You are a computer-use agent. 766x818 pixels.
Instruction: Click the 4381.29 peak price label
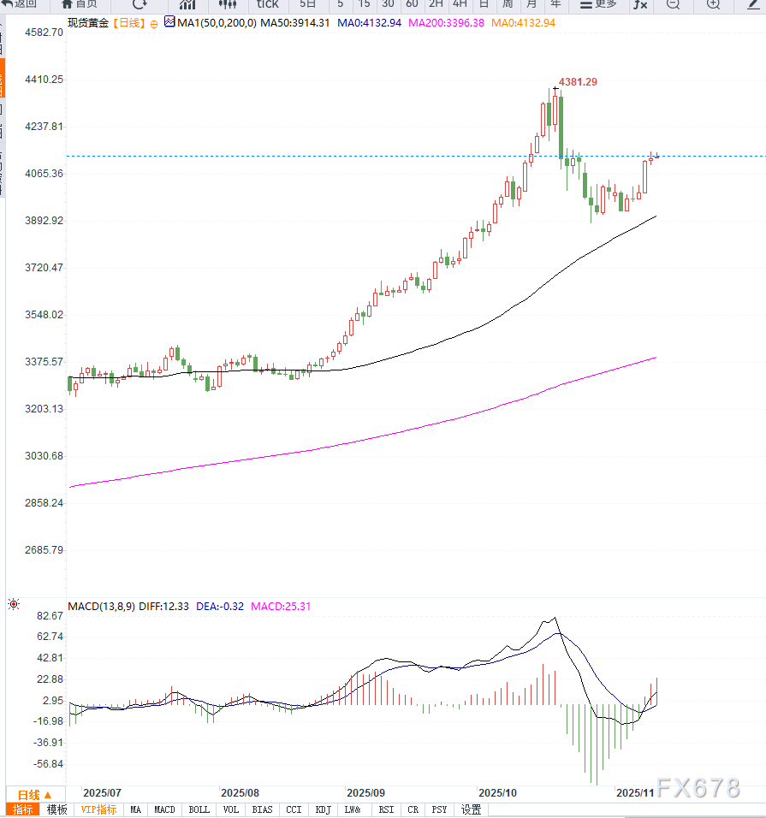point(579,81)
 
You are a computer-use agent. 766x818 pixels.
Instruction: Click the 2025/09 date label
point(366,792)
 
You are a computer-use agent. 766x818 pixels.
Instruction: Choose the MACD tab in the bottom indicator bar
point(164,809)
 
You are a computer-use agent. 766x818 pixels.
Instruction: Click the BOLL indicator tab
point(199,809)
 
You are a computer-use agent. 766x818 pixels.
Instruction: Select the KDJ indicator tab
point(323,809)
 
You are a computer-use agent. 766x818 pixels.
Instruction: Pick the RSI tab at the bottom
point(387,809)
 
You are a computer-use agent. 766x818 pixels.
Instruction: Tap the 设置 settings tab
point(472,809)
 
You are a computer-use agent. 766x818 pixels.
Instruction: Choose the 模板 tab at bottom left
point(56,809)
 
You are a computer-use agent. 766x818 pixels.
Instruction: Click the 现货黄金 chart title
point(87,23)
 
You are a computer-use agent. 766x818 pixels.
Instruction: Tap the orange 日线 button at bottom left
point(35,795)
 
